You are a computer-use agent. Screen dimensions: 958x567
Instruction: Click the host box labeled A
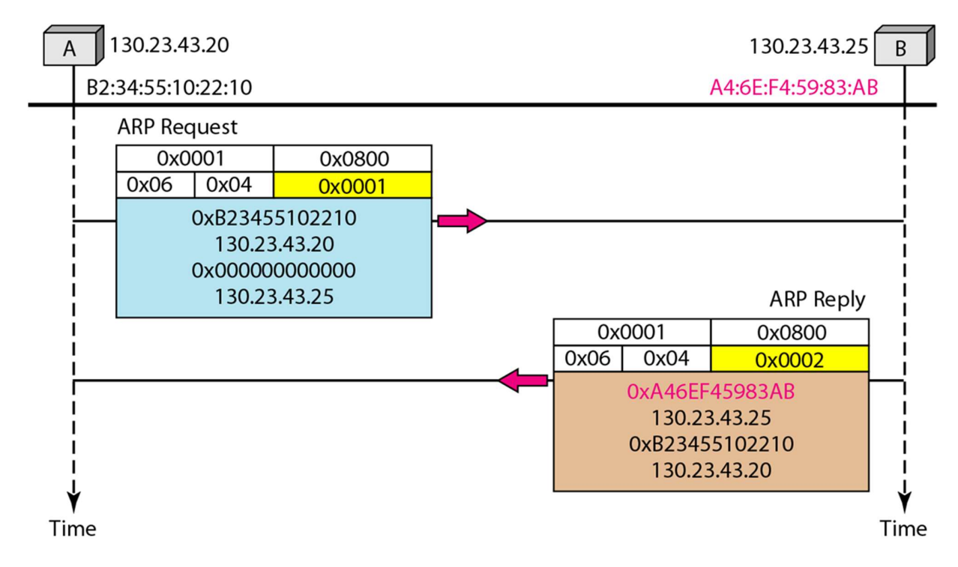point(73,45)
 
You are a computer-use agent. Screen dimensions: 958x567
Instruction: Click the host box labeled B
point(904,45)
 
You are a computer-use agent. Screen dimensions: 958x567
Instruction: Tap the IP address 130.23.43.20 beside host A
point(169,45)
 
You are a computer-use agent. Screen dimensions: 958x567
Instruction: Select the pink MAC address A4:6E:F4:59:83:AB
point(794,88)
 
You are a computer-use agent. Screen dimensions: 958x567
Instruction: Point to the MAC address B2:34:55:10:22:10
point(169,88)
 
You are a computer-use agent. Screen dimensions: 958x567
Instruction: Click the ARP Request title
point(177,127)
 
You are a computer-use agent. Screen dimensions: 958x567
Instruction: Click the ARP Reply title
point(817,299)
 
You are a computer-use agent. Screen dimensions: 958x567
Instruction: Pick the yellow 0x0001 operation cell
point(352,186)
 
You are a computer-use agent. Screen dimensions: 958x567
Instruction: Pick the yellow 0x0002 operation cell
point(789,360)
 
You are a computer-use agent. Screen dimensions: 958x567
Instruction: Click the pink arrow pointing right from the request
point(462,221)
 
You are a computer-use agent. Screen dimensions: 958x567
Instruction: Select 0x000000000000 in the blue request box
point(274,270)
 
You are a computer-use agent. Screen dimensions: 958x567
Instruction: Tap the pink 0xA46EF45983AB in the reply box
point(711,392)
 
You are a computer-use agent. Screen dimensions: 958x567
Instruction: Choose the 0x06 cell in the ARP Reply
point(588,359)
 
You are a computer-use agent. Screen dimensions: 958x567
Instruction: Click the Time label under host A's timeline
point(73,529)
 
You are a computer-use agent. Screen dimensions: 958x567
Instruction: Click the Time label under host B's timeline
point(903,529)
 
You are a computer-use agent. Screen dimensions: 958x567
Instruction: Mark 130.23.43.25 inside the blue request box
point(274,297)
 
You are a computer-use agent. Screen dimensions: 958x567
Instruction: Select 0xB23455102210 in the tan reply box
point(711,444)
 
